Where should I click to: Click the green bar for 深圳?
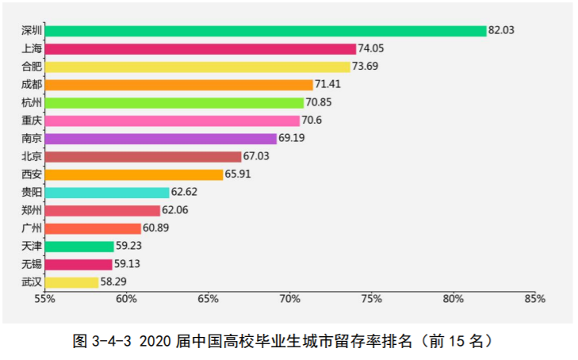pyautogui.click(x=266, y=31)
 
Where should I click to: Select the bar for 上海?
pyautogui.click(x=201, y=49)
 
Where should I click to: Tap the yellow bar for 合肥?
pyautogui.click(x=197, y=67)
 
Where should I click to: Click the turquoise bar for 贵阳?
pyautogui.click(x=107, y=193)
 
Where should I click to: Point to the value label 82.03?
pyautogui.click(x=502, y=30)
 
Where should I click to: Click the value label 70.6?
pyautogui.click(x=311, y=121)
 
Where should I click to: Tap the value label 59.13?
pyautogui.click(x=128, y=264)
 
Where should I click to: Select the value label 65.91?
pyautogui.click(x=239, y=174)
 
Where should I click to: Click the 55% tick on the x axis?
pyautogui.click(x=44, y=300)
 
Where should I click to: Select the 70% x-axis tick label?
pyautogui.click(x=290, y=300)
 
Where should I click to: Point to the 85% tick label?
pyautogui.click(x=535, y=300)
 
